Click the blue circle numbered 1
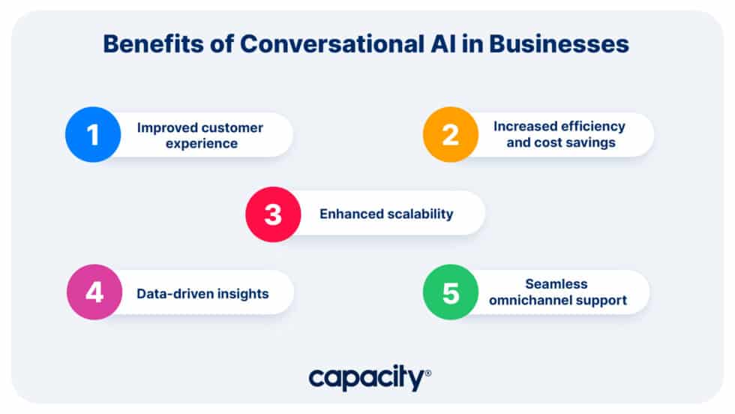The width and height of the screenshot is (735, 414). (x=93, y=135)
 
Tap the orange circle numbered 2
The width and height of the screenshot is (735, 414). (x=450, y=135)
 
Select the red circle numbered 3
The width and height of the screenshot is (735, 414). (x=273, y=214)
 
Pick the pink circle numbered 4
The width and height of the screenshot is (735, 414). (x=94, y=292)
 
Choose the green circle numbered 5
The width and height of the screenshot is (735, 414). (x=450, y=292)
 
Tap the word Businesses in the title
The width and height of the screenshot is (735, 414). (x=559, y=43)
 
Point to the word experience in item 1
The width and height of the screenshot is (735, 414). (x=199, y=143)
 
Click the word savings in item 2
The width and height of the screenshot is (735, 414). (x=592, y=142)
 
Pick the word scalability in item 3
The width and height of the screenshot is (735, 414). (x=419, y=214)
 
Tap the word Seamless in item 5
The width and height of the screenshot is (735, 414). (x=556, y=284)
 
